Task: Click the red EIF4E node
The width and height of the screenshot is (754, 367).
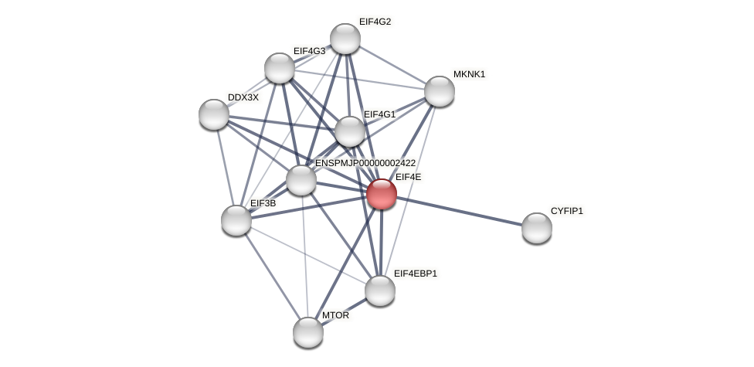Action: pos(381,194)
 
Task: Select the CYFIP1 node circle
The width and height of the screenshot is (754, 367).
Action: pos(536,228)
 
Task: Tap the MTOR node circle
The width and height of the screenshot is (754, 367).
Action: pos(308,332)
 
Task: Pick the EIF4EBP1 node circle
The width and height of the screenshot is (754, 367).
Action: pos(379,291)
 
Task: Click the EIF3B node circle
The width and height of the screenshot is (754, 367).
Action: pos(236,220)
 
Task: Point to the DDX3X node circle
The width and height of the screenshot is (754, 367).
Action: pos(214,114)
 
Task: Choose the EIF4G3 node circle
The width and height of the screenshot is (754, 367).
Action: pos(280,68)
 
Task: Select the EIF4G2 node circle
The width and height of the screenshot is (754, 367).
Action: pos(345,39)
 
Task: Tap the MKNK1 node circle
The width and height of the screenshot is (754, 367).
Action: pos(439,91)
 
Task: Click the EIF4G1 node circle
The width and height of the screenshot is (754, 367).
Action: pos(350,131)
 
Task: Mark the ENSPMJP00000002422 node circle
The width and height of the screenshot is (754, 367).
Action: pos(301,180)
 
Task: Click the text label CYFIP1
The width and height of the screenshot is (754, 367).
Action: pos(566,211)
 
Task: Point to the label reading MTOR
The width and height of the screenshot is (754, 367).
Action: pos(335,315)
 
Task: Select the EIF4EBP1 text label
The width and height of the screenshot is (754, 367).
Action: pos(415,274)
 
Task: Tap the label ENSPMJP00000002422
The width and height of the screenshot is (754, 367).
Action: pos(365,163)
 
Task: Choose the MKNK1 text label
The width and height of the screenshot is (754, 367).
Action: pos(469,74)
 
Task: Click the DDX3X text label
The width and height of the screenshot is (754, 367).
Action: pos(243,97)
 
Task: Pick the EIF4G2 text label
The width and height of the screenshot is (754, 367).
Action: pos(375,22)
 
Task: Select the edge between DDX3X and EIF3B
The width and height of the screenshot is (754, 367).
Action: pos(225,167)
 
